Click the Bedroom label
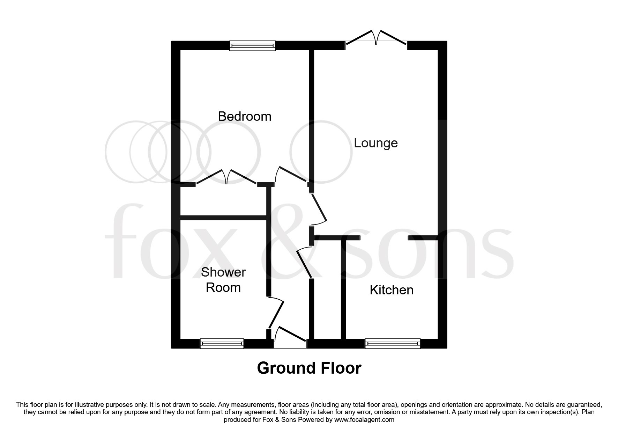(x=245, y=116)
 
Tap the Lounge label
(x=375, y=143)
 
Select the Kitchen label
(x=391, y=290)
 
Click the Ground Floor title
(x=309, y=368)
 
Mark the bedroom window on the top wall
(x=252, y=45)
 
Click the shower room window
(x=222, y=344)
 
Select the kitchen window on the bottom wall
(x=393, y=344)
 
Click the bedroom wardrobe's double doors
(x=226, y=177)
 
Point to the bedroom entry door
(x=291, y=175)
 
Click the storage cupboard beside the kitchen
(x=328, y=290)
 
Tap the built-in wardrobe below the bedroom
(x=223, y=201)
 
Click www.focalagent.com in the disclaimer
(x=364, y=420)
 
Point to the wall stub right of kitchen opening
(x=423, y=238)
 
